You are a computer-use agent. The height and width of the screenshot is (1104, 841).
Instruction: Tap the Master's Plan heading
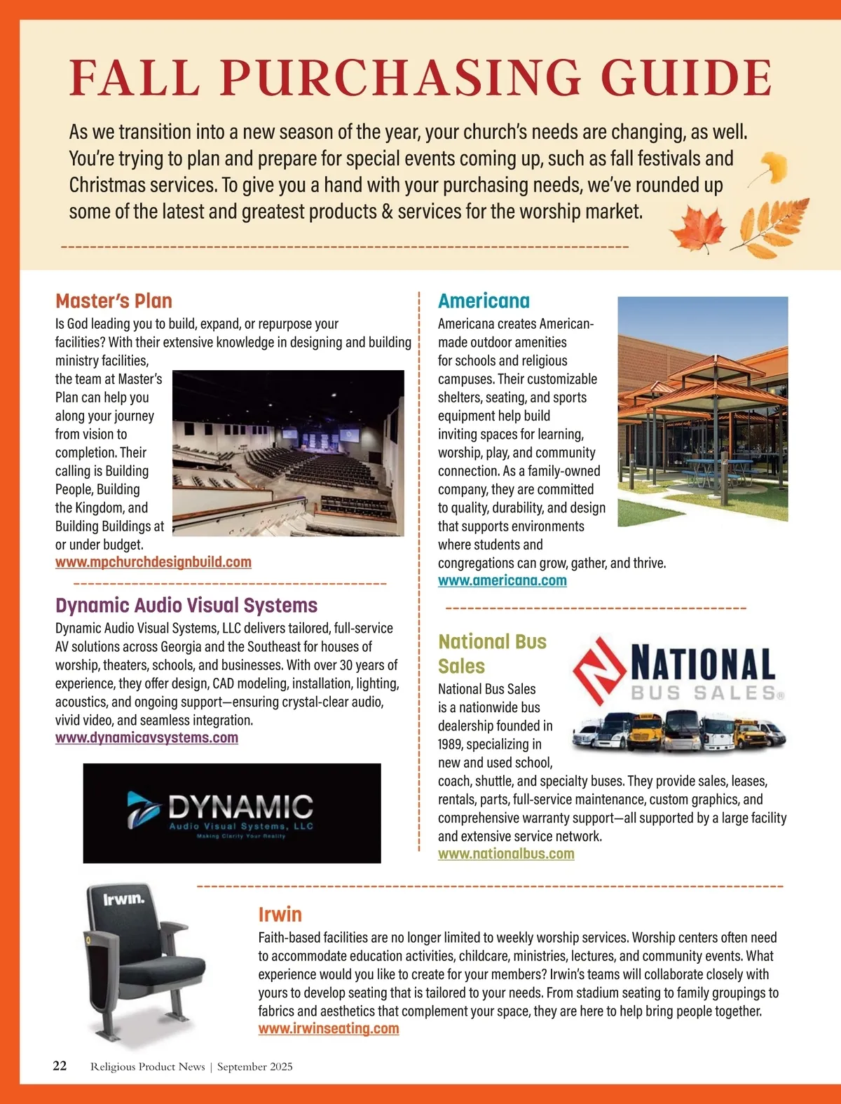click(114, 301)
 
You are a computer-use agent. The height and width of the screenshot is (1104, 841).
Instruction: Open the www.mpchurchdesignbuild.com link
click(153, 562)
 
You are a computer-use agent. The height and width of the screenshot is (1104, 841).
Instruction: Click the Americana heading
click(484, 301)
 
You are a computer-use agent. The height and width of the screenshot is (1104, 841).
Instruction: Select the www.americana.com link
click(502, 580)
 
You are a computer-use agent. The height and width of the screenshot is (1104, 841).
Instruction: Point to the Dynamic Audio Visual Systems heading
click(186, 605)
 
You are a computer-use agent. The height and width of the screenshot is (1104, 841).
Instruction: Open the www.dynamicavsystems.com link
click(146, 737)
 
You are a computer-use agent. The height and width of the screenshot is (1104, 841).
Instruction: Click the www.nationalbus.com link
click(506, 854)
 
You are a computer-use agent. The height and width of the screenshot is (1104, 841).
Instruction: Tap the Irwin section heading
click(280, 914)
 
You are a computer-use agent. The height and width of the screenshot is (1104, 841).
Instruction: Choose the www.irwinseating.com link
click(329, 1028)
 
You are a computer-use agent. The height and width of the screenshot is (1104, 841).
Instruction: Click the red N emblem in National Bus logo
click(600, 669)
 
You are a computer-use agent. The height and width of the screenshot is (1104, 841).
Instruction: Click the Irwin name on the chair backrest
click(124, 899)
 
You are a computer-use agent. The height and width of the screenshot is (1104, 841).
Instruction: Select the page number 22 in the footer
click(60, 1065)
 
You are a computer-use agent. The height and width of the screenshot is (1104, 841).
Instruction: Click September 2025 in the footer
click(255, 1067)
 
